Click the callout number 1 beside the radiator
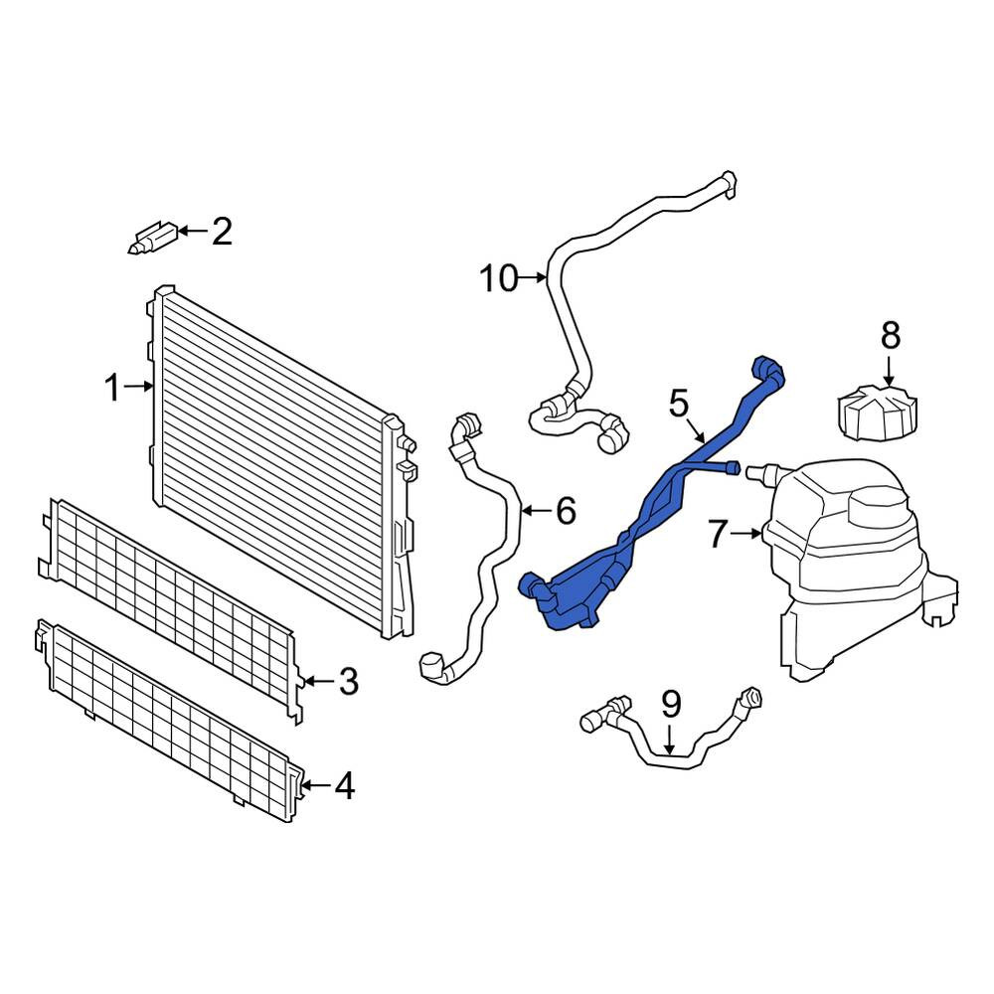click(113, 388)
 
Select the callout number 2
click(222, 231)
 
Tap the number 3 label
click(349, 682)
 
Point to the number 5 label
click(678, 404)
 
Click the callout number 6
click(567, 510)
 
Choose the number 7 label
click(717, 535)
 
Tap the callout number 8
click(891, 335)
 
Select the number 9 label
click(671, 704)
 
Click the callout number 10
click(499, 278)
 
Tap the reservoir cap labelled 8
click(877, 413)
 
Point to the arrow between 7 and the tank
click(746, 535)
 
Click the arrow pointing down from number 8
click(890, 370)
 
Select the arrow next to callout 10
click(533, 277)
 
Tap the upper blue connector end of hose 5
click(768, 371)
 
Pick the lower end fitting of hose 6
click(433, 666)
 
